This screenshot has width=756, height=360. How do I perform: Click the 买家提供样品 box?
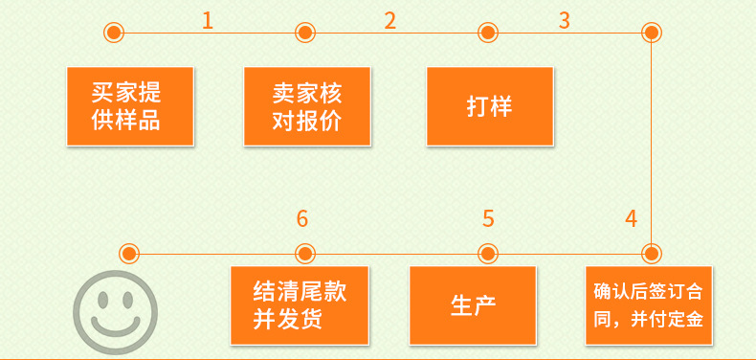[x=130, y=106]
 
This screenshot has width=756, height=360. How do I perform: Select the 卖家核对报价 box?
[x=307, y=106]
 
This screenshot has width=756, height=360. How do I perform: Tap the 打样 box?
[x=490, y=106]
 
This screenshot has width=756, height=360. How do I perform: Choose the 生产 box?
[x=473, y=305]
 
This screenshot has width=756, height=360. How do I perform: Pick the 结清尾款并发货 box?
[x=300, y=305]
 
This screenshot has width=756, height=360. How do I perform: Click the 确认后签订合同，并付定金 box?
[x=649, y=305]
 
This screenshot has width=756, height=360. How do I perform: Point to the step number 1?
[x=208, y=21]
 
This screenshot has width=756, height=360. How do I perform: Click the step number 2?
[x=390, y=21]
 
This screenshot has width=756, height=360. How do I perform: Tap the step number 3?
[x=564, y=21]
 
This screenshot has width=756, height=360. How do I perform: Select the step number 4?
[x=632, y=218]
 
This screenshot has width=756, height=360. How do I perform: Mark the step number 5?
[x=488, y=218]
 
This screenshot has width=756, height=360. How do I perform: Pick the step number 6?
[x=301, y=218]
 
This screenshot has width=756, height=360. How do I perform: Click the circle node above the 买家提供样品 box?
[x=114, y=33]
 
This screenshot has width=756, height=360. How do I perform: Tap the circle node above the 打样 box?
[x=488, y=33]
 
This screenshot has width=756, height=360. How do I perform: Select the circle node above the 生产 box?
[x=488, y=254]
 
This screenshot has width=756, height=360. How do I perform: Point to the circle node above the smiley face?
[x=129, y=254]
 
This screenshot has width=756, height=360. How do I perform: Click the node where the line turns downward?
[x=652, y=33]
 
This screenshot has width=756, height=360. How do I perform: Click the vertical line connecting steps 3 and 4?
[x=652, y=144]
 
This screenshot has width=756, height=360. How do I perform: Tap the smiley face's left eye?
[x=102, y=301]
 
